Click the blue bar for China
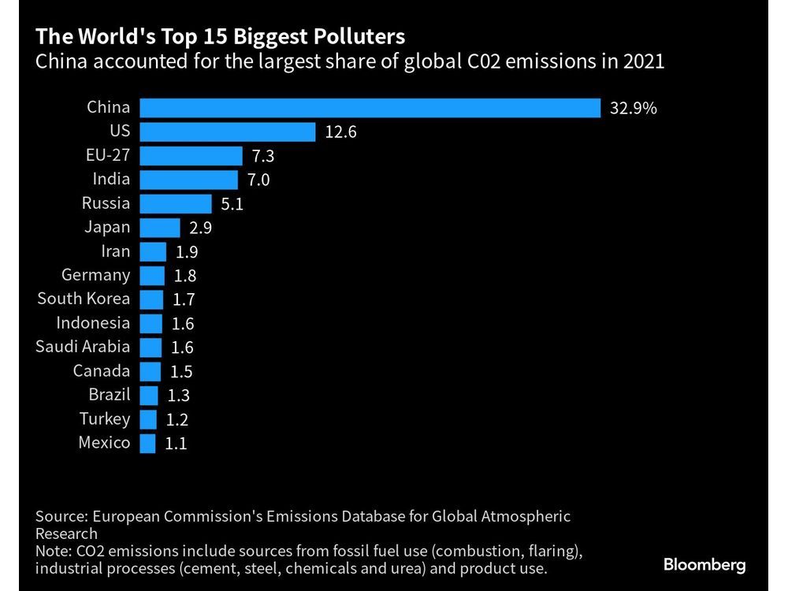pos(370,108)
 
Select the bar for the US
pos(228,132)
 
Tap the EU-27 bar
pos(191,156)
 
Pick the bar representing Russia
pos(176,203)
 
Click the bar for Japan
pos(160,228)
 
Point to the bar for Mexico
pos(147,443)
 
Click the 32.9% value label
pos(633,109)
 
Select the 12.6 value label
pos(340,132)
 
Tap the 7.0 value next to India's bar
pos(258,180)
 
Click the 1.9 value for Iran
pos(187,252)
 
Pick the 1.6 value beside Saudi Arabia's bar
pos(182,348)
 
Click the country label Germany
pos(95,275)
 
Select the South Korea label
pos(84,299)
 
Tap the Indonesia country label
pos(93,323)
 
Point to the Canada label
pos(102,370)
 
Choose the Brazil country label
pos(109,395)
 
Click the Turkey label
pos(105,418)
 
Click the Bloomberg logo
pos(704,564)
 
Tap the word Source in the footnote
pos(61,517)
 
